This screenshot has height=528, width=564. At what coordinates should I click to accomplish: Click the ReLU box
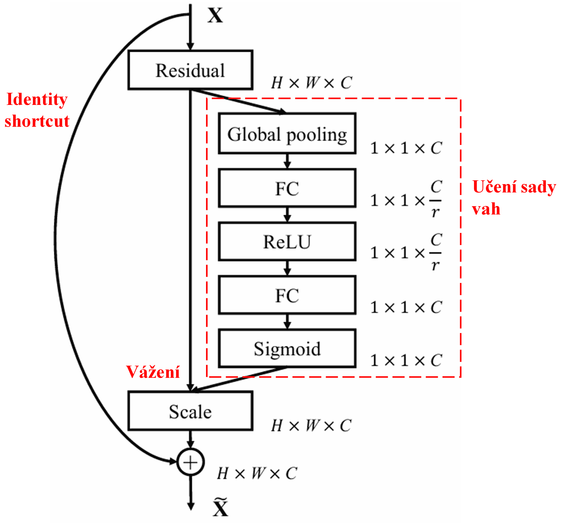coord(287,242)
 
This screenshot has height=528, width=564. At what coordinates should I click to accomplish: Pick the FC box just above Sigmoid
coord(287,295)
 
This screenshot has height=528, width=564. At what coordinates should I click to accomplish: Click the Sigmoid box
coord(287,348)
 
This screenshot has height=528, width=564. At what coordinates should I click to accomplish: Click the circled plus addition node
coord(190,462)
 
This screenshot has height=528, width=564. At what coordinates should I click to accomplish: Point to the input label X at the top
coord(215,15)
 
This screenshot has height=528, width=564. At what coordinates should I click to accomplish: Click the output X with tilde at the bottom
coord(221,507)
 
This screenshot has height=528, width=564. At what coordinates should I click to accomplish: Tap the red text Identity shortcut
coord(37,110)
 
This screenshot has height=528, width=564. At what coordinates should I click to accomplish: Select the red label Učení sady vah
coord(514,198)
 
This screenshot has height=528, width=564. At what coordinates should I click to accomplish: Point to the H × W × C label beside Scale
coord(312,426)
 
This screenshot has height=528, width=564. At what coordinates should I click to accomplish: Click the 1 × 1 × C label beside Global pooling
coord(406,148)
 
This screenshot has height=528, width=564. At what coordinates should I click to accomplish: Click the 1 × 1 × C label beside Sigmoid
coord(406,360)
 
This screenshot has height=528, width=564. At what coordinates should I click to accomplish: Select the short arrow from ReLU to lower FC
coord(287,268)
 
